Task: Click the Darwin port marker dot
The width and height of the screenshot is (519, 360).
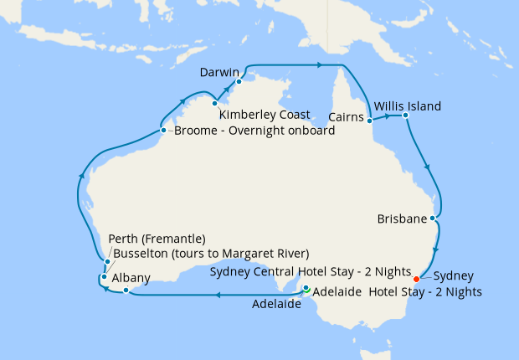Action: coord(239,81)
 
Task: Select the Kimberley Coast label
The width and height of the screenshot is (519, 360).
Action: coord(265,114)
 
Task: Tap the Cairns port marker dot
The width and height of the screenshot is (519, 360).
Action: coord(370,121)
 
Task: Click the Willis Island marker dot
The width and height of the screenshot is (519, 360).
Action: coord(405,115)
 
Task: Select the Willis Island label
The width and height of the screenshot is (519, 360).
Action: coord(408,106)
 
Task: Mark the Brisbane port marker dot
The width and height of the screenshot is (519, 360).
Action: coord(433,219)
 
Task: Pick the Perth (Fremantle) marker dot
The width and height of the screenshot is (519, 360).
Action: coord(108,262)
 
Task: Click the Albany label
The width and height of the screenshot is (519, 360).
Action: coord(131,278)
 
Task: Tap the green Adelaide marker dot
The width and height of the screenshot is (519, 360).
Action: coord(306,290)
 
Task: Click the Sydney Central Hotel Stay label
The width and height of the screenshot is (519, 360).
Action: coord(311,273)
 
